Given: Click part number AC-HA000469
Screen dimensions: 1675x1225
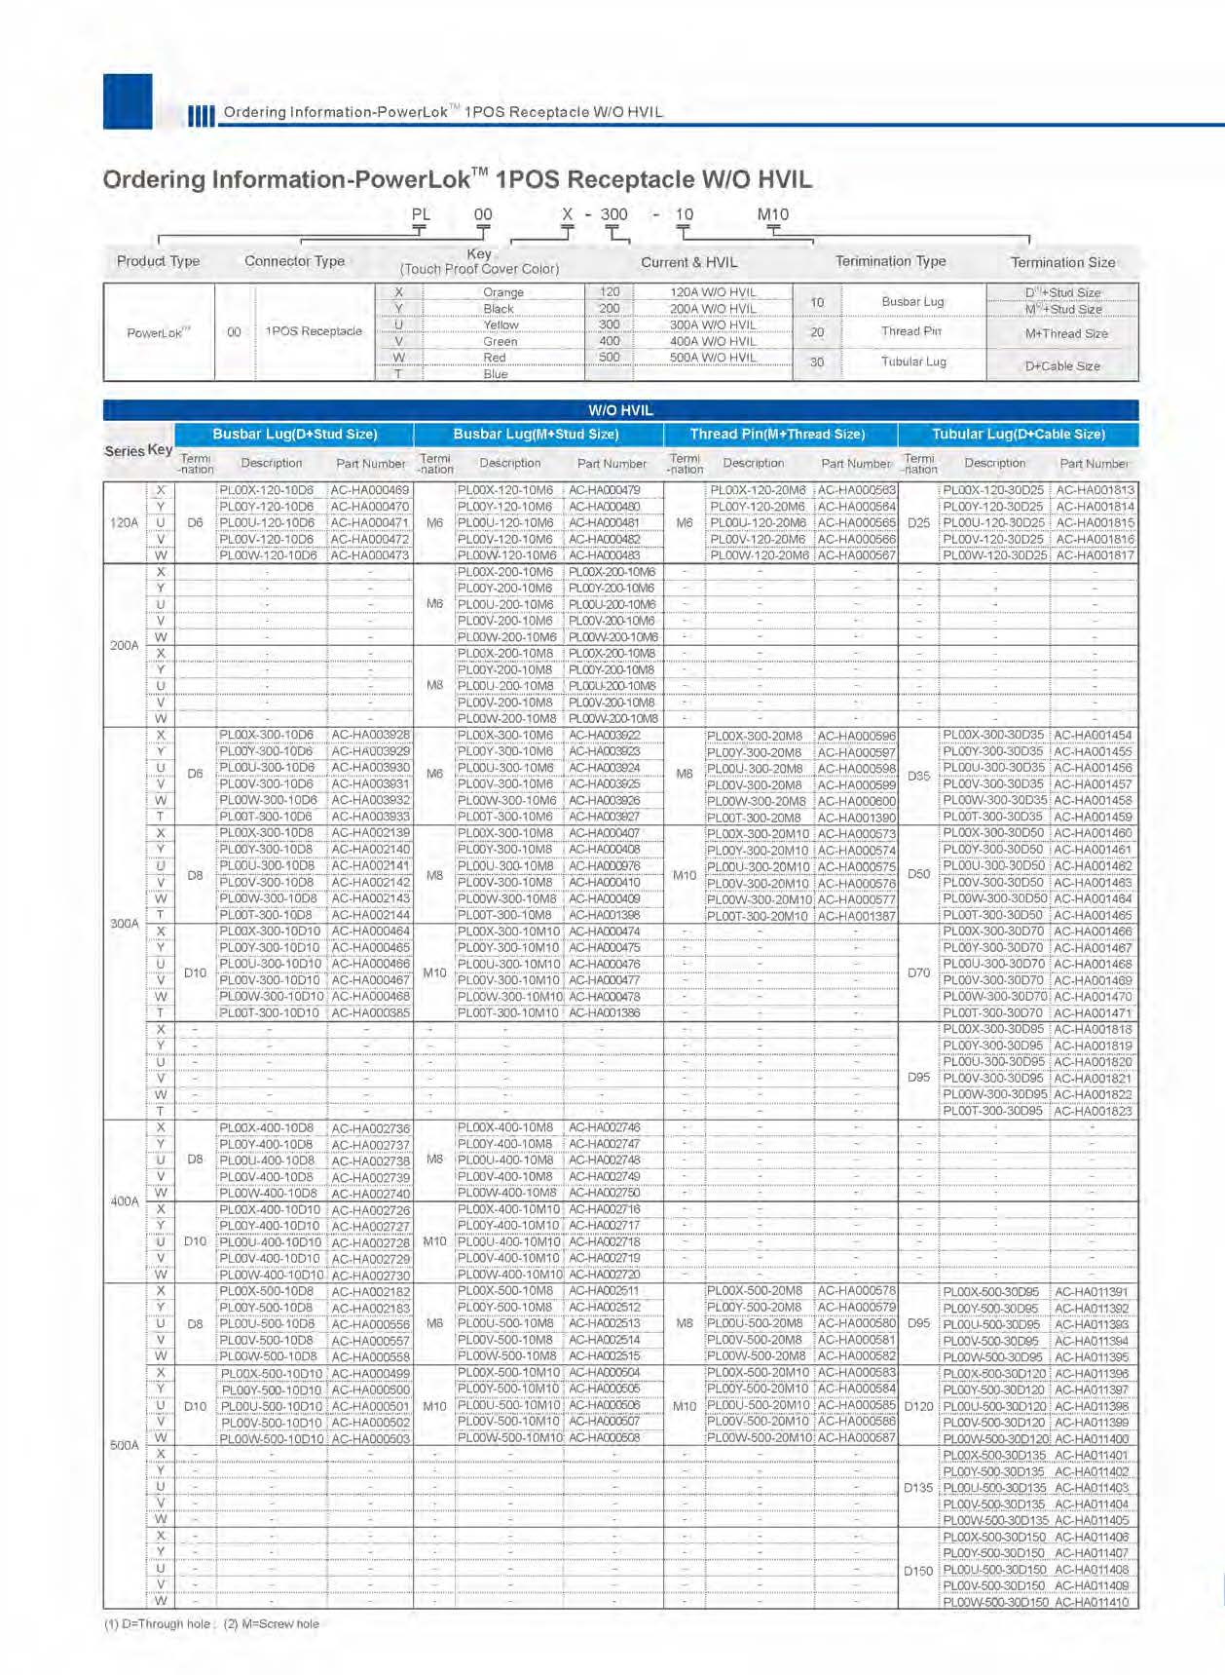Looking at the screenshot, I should (x=370, y=490).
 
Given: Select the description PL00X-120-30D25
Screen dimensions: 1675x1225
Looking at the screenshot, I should (x=993, y=490).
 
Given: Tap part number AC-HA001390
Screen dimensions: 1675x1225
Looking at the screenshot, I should (x=857, y=818).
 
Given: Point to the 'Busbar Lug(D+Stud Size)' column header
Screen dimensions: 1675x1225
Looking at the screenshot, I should (x=294, y=435).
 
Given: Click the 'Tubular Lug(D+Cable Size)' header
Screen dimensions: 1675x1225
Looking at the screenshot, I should (x=1018, y=435).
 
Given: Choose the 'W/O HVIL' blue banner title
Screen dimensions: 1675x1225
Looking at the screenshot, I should (x=620, y=410).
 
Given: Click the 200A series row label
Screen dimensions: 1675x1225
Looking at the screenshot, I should (x=125, y=645).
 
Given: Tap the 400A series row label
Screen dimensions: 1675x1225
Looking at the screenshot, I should (x=125, y=1201).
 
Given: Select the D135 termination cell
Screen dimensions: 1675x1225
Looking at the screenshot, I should (x=918, y=1488).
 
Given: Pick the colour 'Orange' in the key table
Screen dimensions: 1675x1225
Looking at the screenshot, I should (x=503, y=292).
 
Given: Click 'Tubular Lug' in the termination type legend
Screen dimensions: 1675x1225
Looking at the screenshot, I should (x=913, y=362).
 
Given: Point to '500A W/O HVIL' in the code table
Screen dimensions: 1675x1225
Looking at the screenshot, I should (x=713, y=358).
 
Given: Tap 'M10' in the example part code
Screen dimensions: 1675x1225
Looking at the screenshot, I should (x=773, y=214).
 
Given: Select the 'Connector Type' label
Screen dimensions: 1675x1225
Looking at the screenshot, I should (x=294, y=261).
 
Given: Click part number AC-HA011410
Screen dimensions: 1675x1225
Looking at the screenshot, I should (x=1092, y=1602).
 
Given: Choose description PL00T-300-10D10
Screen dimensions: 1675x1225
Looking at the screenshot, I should (x=270, y=1013).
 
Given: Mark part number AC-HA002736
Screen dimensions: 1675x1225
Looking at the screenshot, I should (x=370, y=1128).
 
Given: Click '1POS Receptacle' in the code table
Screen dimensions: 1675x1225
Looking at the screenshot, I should (x=314, y=331).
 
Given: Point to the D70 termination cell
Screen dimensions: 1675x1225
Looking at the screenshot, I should (x=918, y=972).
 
